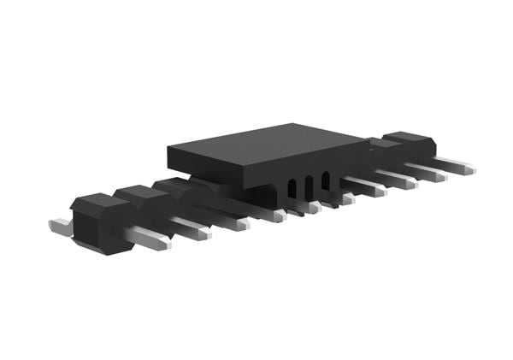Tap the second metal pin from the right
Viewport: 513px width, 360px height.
click(427, 173)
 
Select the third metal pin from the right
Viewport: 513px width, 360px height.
click(398, 180)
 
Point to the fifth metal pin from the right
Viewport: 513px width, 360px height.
click(339, 197)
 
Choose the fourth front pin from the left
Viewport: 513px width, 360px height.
click(265, 213)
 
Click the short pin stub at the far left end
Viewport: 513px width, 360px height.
click(60, 227)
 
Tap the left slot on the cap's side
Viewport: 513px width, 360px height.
click(292, 189)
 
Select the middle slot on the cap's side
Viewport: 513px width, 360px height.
click(309, 186)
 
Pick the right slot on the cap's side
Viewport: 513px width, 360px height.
click(325, 182)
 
